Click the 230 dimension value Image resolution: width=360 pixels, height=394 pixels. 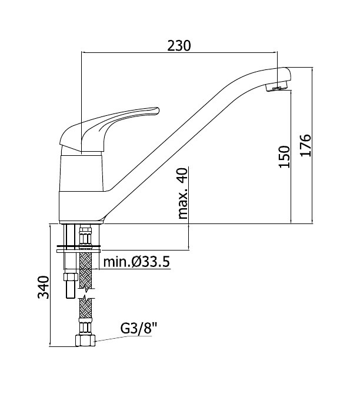179,46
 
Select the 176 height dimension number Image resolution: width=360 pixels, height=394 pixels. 306,145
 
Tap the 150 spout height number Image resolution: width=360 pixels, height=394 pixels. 284,156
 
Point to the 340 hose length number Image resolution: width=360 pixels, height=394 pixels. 43,287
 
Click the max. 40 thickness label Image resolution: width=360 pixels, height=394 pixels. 183,193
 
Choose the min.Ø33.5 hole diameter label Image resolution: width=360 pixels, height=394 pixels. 136,262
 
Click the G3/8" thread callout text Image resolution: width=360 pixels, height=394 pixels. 139,328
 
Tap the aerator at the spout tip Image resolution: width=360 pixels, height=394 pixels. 276,87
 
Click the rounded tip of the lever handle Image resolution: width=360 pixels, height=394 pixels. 157,111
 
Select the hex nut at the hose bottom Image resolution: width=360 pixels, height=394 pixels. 85,340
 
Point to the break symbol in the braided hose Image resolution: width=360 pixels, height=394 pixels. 86,293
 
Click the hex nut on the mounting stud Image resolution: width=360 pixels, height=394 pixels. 71,277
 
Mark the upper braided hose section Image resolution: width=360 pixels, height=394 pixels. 85,271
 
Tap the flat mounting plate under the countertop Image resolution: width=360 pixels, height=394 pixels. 78,251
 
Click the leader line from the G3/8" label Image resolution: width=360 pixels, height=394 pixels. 123,339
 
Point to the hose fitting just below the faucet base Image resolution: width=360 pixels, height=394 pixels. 85,235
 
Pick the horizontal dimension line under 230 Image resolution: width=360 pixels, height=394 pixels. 179,53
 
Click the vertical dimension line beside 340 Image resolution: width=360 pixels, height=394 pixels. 50,285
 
